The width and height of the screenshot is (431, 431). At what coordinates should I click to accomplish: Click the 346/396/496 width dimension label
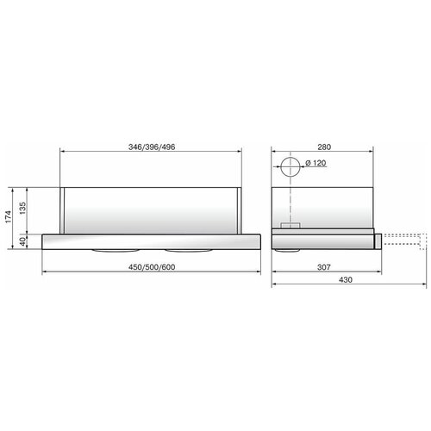tap(152, 147)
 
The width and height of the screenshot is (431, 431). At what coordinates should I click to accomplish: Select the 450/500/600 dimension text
tap(152, 265)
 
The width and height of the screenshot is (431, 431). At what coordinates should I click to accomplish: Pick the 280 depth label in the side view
tap(323, 147)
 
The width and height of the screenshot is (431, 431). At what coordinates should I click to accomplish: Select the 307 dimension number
tap(322, 266)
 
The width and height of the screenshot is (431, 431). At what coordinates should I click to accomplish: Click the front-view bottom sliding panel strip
tap(152, 240)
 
